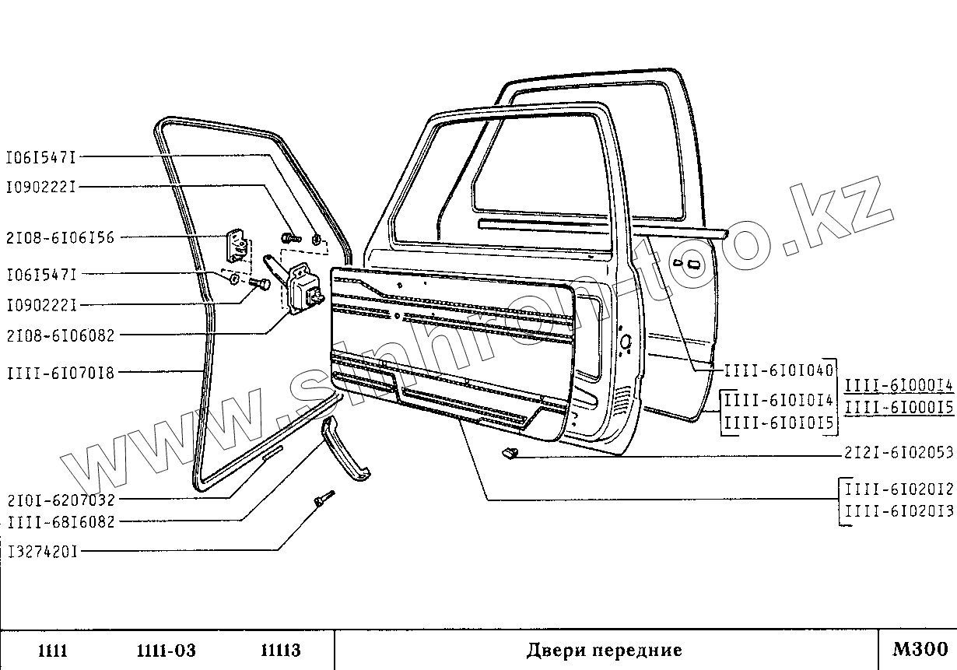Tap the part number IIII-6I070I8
(60, 373)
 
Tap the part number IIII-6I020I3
(899, 511)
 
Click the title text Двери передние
(604, 650)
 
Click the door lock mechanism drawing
(302, 289)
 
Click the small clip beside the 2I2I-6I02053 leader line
(509, 454)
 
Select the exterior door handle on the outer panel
(689, 264)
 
